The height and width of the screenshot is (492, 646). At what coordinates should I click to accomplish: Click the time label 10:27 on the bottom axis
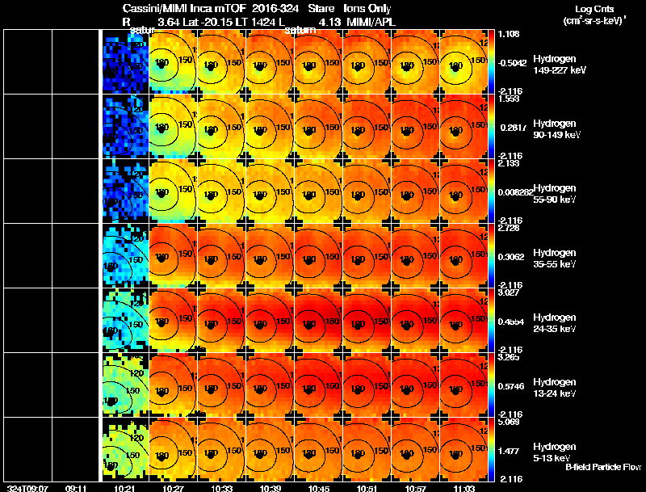(172, 487)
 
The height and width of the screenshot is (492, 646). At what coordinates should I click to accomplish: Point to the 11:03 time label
(463, 487)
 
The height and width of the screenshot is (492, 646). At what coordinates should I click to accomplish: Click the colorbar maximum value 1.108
(509, 34)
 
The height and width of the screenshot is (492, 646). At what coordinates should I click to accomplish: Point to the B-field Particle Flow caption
(602, 467)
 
